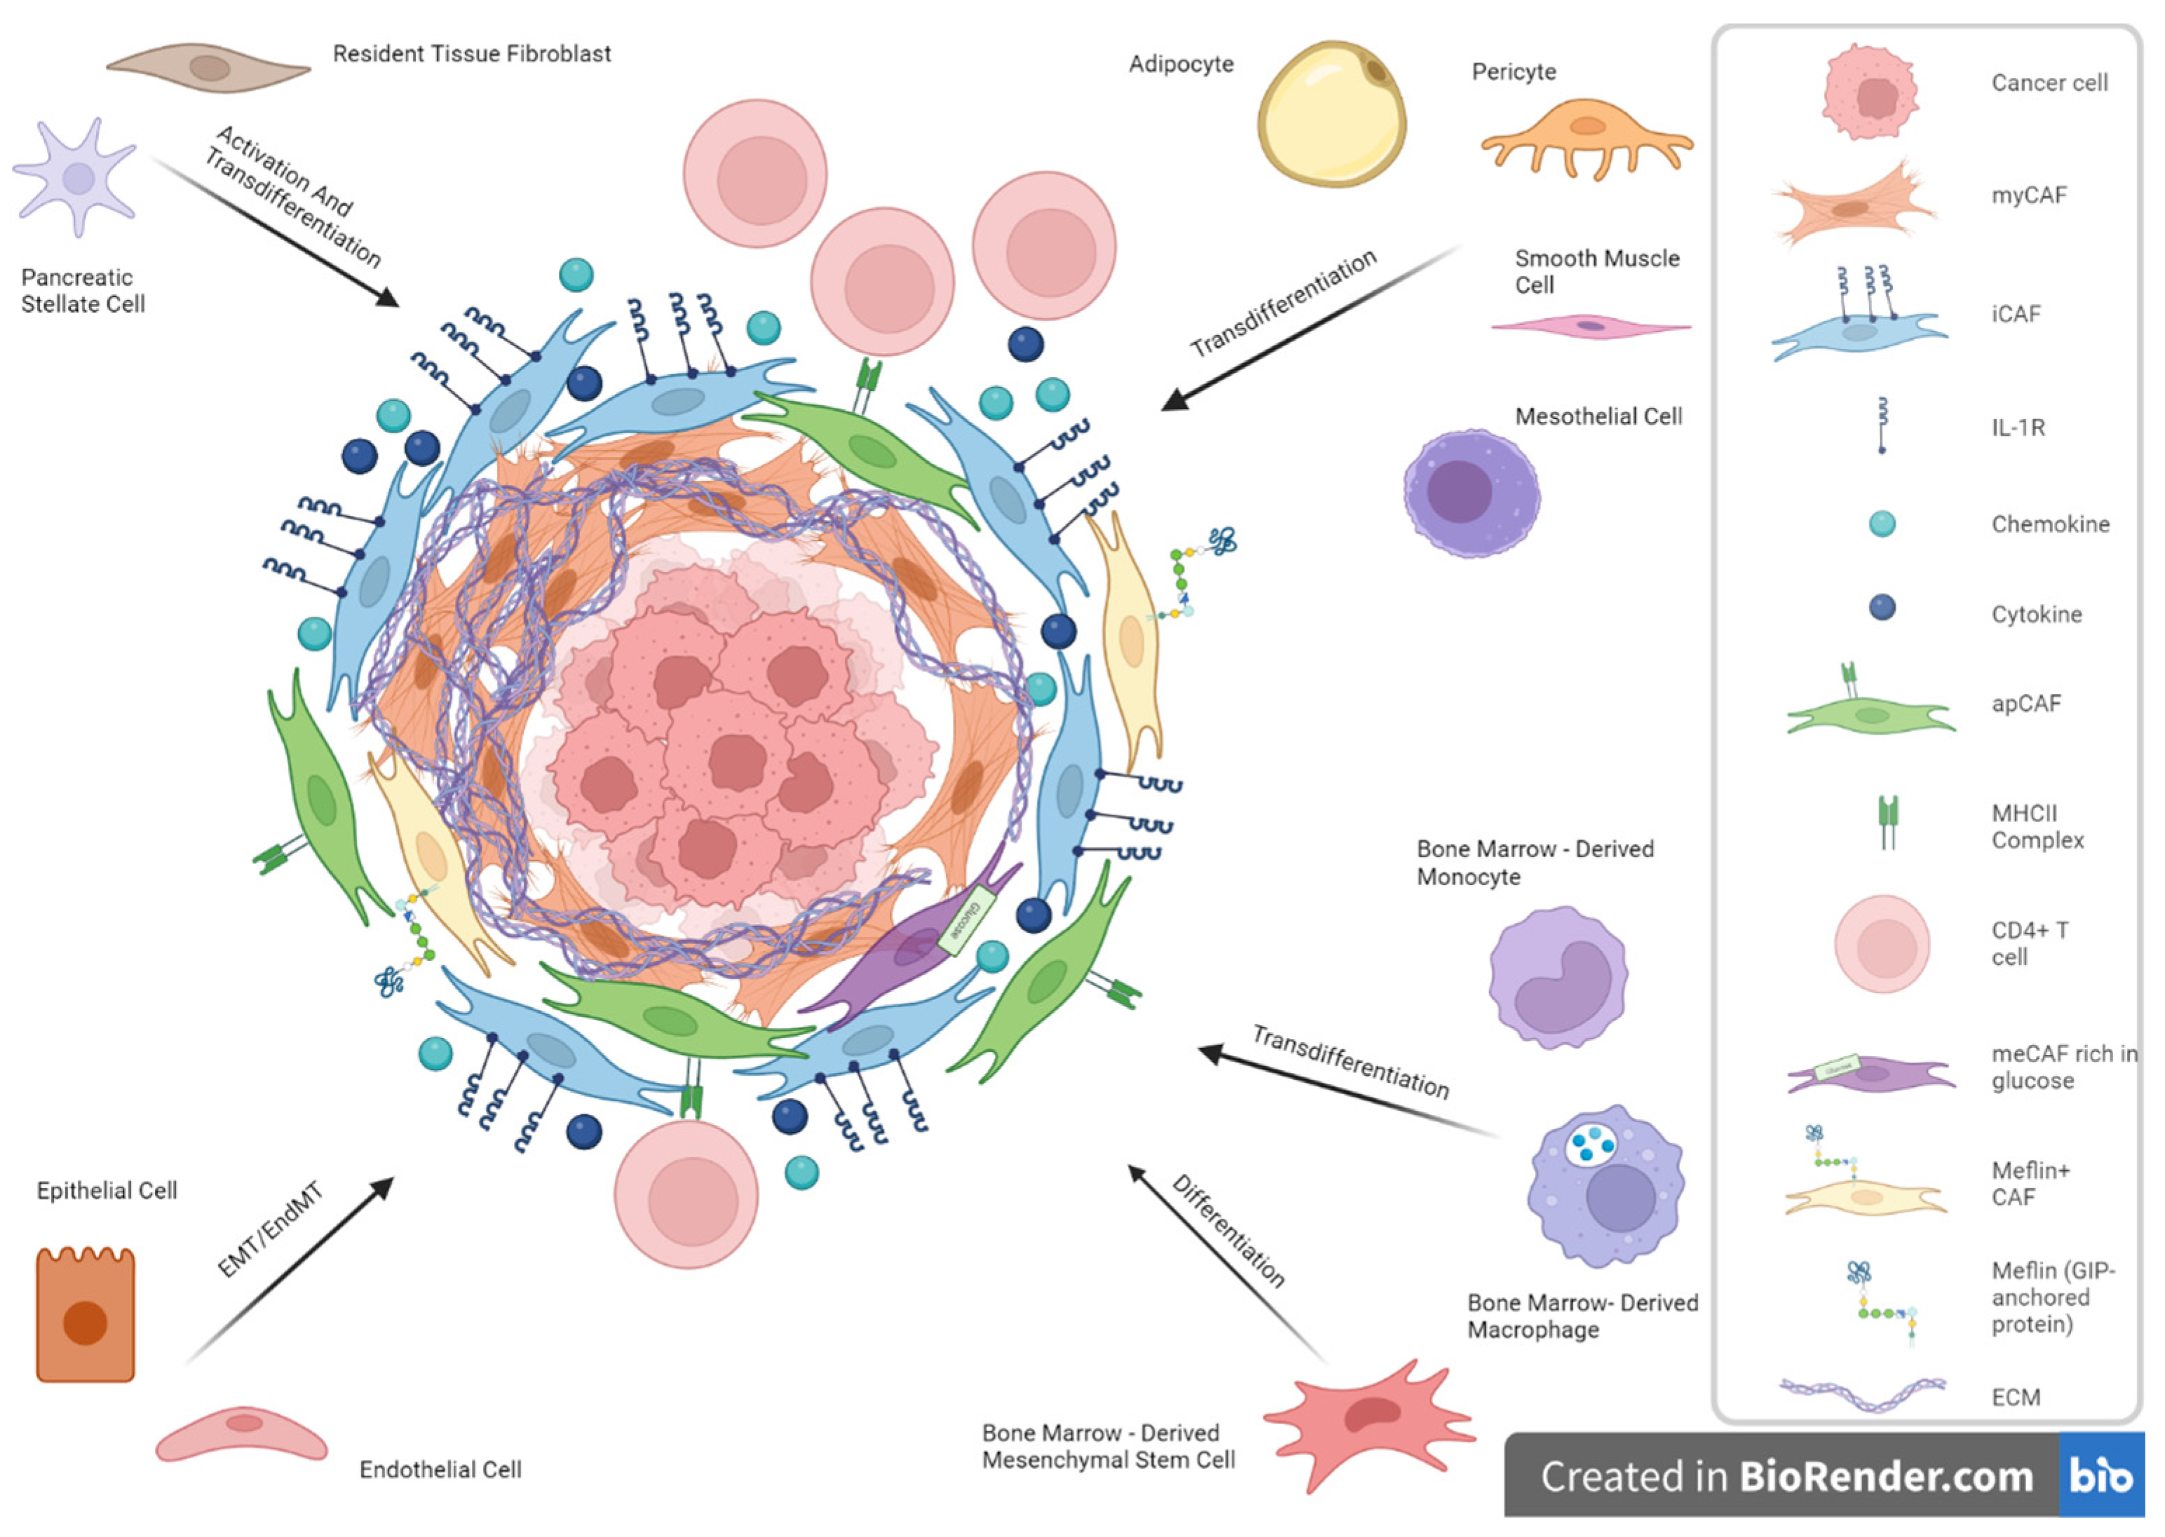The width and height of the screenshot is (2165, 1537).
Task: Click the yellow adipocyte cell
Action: [1331, 114]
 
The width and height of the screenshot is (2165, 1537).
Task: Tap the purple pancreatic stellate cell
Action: [76, 177]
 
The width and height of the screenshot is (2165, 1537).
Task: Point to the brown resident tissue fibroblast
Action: [208, 68]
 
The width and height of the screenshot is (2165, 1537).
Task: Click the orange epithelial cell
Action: [86, 1316]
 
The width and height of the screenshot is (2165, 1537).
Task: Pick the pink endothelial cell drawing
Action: [241, 1434]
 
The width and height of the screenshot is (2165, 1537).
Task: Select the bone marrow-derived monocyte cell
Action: [1558, 978]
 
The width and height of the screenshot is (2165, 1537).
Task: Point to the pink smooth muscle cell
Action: [1590, 327]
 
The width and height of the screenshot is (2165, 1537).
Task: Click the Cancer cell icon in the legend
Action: [1870, 93]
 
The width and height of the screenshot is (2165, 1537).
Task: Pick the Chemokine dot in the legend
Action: [1882, 524]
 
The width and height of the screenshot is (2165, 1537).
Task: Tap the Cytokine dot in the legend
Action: [1882, 608]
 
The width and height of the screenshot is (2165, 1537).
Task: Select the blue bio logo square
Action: [2102, 1475]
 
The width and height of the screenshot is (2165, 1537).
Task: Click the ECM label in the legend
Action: [2016, 1397]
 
